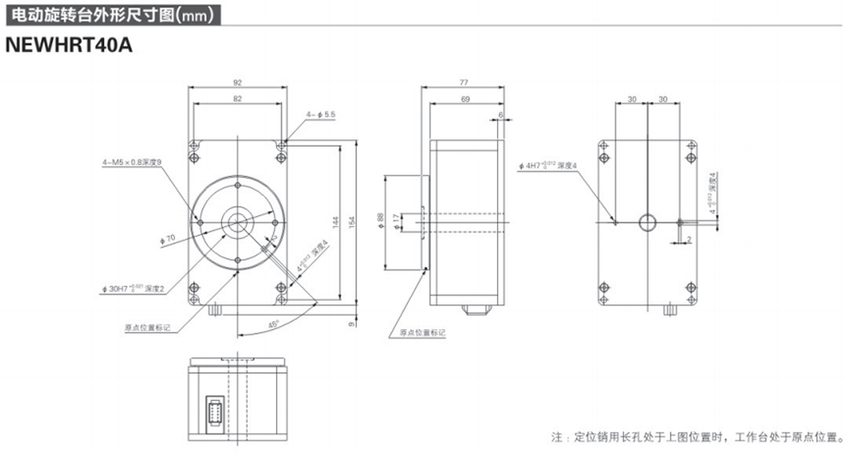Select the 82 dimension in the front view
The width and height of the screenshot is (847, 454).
[x=238, y=98]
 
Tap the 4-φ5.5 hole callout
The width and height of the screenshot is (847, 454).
[x=321, y=114]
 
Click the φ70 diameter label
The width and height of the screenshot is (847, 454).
[x=167, y=239]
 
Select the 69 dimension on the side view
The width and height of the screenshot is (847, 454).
[x=465, y=98]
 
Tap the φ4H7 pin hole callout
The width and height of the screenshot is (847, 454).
[x=556, y=165]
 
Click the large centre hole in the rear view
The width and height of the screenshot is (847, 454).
[x=647, y=222]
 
